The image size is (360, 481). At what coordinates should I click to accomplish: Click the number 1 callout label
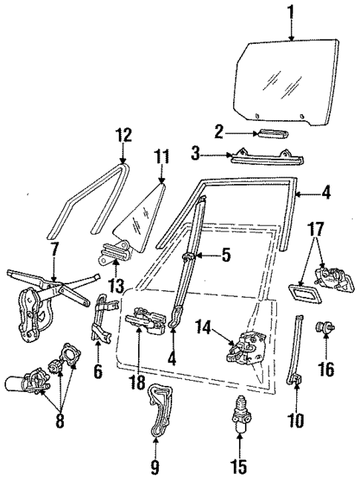tap(292, 13)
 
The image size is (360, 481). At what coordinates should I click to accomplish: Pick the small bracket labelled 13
tap(114, 255)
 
